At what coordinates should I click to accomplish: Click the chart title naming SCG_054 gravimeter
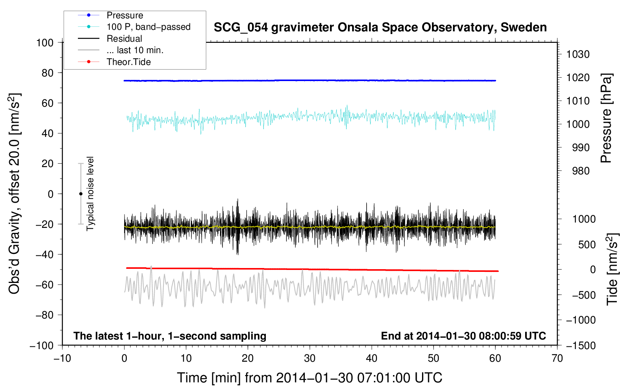380,28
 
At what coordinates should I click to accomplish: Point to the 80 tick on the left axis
47,73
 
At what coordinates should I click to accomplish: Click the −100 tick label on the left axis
42,346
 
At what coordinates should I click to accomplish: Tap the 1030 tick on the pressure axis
578,54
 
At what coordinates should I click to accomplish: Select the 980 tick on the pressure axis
581,171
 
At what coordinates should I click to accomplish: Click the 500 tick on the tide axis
587,244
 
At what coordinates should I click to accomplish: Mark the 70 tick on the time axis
557,358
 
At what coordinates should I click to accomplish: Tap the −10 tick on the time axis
62,358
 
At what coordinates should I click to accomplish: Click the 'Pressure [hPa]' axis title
606,118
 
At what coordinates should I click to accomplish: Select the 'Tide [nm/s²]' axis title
613,269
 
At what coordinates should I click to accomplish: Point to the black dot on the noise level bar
81,194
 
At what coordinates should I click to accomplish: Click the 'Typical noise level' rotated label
90,193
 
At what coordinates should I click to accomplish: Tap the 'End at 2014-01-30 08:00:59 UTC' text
463,336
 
